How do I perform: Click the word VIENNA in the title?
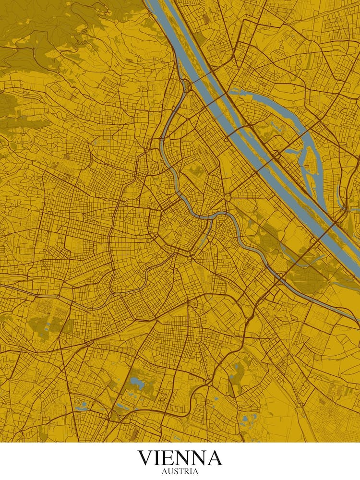point(180,458)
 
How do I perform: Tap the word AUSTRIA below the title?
point(180,471)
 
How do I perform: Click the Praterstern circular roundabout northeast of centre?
point(228,197)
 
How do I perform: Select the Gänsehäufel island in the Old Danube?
point(309,168)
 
